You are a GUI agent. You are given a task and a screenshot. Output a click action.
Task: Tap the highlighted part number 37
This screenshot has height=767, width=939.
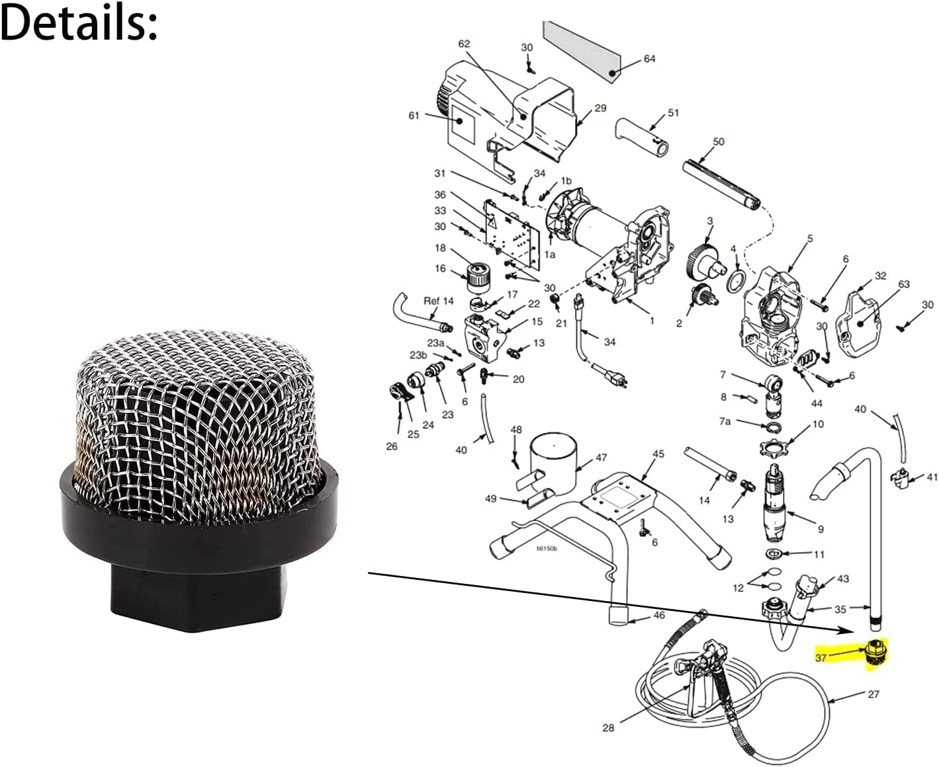point(821,657)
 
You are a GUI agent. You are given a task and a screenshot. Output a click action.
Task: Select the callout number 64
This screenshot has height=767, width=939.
point(650,59)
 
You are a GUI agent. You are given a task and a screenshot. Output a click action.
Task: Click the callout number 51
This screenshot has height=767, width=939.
point(673,113)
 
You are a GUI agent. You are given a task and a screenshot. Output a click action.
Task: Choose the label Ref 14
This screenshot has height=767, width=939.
point(439,301)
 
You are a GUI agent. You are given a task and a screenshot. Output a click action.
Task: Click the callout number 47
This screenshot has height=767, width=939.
point(601,458)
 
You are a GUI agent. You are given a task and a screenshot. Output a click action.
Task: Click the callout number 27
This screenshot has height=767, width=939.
point(873,694)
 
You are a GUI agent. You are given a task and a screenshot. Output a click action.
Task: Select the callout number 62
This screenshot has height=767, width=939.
point(464,44)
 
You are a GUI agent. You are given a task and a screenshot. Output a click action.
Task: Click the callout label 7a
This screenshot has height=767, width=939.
point(725,421)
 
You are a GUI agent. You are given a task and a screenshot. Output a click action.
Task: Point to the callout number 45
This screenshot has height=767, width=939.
point(658,454)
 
